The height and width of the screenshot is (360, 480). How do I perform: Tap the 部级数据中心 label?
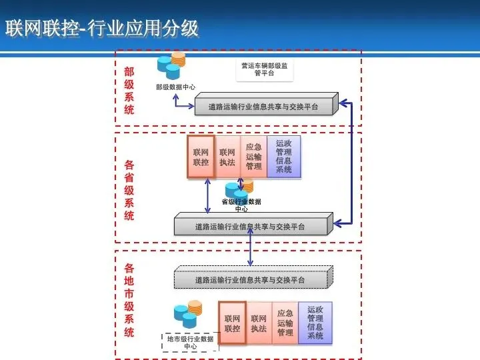[176, 87]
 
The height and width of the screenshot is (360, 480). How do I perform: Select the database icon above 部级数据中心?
[171, 67]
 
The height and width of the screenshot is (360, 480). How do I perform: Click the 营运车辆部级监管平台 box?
[264, 69]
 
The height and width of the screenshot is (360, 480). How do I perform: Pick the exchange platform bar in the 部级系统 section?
[264, 106]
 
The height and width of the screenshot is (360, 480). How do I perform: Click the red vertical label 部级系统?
[129, 91]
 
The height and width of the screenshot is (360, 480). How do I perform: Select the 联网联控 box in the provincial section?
[201, 157]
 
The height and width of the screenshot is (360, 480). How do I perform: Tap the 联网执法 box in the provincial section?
[227, 158]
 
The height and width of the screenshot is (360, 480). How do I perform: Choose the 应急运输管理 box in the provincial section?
[253, 157]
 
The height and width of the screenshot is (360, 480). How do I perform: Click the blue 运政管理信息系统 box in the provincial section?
[283, 157]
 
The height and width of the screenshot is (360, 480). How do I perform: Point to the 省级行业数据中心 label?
[241, 205]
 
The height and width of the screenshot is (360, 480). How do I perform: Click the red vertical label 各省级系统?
[129, 190]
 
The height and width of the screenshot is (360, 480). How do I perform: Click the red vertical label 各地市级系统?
[129, 300]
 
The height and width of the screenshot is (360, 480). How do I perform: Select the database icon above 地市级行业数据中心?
[187, 315]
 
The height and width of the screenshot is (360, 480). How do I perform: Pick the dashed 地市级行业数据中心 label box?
[190, 343]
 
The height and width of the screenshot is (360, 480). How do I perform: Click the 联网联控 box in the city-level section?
[232, 323]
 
